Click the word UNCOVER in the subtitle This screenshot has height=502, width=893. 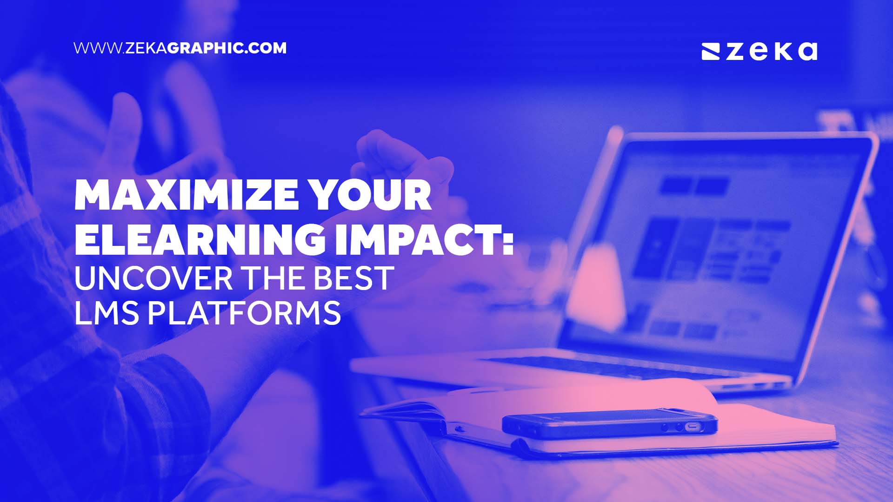[x=153, y=278]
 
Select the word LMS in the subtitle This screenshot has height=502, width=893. [x=107, y=312]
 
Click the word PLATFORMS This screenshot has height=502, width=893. [x=244, y=312]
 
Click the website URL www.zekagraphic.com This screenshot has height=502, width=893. [x=180, y=48]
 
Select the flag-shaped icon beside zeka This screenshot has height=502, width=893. [x=711, y=52]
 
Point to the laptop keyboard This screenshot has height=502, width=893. [x=605, y=367]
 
